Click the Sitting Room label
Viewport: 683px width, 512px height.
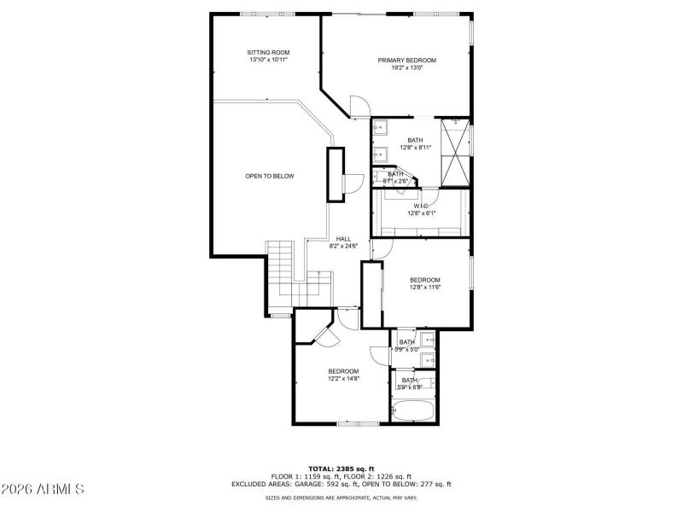263,52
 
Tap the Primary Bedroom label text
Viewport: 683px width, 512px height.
407,60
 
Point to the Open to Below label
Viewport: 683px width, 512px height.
269,176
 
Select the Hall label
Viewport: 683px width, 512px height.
343,239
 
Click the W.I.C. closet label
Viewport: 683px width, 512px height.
420,206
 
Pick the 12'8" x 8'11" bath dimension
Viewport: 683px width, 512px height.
414,148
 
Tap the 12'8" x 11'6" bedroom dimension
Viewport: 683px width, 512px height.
424,288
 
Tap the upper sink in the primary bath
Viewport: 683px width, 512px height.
380,129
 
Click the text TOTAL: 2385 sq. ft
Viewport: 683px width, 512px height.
341,469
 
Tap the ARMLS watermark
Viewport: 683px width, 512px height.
43,490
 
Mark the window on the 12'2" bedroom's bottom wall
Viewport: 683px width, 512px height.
357,423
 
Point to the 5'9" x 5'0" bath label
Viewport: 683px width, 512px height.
406,346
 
